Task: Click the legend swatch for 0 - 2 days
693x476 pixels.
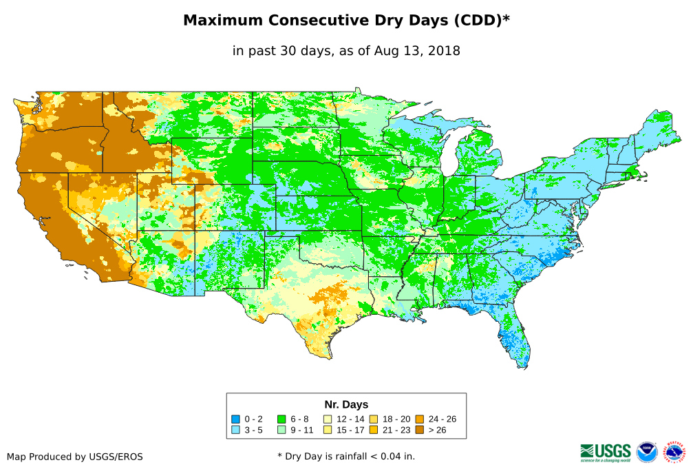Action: coord(236,419)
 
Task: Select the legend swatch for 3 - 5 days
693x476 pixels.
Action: coord(236,429)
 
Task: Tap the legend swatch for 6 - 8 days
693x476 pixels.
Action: coord(281,419)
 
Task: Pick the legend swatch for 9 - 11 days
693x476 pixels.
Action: coord(281,429)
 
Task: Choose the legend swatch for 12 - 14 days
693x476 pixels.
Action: coord(328,419)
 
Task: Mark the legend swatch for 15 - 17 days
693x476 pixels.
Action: coord(328,429)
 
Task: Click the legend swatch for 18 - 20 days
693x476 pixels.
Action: coord(373,419)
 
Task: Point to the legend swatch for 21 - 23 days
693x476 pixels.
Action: coord(373,429)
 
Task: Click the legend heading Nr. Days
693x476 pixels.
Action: coord(346,404)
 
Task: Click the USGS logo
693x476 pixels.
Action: coord(606,452)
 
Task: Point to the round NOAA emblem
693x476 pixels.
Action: coord(647,452)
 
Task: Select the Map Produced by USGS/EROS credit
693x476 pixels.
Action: coord(75,456)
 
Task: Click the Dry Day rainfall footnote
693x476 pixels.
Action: coord(346,456)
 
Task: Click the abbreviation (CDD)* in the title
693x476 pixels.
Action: coord(480,21)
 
